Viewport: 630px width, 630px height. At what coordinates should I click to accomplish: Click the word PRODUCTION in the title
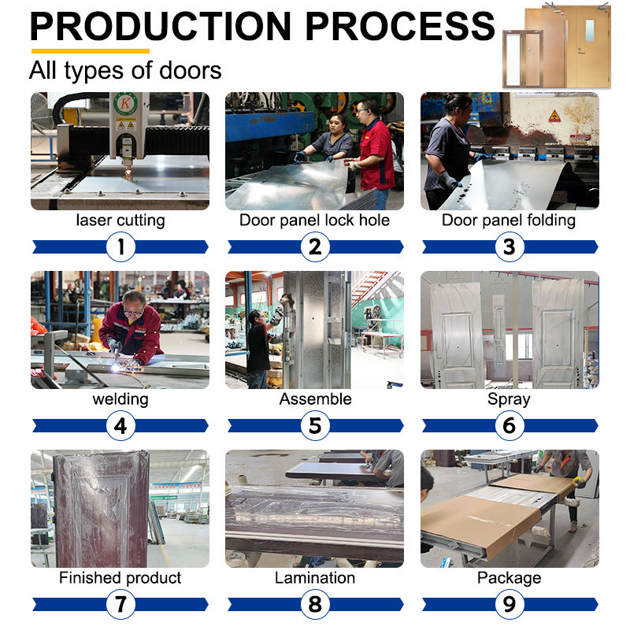point(161,26)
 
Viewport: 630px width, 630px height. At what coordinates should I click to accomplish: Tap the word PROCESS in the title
point(400,26)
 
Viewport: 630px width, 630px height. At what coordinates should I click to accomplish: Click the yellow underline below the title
point(91,51)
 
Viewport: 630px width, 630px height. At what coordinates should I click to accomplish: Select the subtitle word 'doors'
point(190,70)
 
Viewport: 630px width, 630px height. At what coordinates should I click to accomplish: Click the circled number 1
point(120,246)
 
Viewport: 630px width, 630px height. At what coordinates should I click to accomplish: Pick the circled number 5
point(315,425)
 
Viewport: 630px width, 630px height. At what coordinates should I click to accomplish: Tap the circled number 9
point(510,604)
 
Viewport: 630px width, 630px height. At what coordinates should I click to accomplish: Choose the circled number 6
point(510,425)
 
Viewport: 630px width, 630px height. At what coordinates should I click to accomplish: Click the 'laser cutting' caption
point(120,220)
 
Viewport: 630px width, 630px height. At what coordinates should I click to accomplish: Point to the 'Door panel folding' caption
point(509,220)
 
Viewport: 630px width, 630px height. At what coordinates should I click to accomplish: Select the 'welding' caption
point(120,399)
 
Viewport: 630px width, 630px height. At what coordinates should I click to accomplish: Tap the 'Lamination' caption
point(315,578)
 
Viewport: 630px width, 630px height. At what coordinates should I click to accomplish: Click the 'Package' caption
point(509,578)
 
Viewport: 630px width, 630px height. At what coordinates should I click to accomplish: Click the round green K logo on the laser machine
point(125,104)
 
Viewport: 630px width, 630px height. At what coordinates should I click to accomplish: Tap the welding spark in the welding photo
point(117,367)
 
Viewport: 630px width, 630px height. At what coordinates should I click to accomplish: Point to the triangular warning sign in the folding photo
point(555,116)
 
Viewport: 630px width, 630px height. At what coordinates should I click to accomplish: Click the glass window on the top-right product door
point(589,30)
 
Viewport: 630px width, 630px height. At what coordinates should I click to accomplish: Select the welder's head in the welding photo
point(134,303)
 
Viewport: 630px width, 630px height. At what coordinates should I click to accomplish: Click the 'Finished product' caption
point(120,578)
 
